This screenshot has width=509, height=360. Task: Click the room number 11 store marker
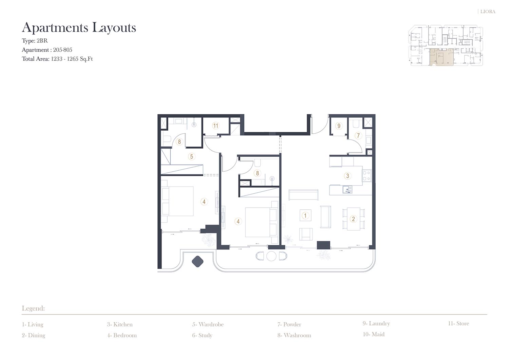click(x=215, y=126)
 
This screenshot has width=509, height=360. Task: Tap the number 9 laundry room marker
click(x=339, y=126)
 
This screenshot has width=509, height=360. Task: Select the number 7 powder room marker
click(x=358, y=135)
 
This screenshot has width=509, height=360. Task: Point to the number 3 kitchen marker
click(x=347, y=176)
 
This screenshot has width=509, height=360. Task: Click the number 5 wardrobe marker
click(x=192, y=156)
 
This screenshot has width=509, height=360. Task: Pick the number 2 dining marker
click(x=353, y=219)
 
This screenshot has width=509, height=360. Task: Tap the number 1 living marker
click(x=305, y=215)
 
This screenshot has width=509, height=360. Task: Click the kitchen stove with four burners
click(x=366, y=176)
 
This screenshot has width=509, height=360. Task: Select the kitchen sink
click(x=347, y=190)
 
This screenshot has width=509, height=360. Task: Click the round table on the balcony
click(x=271, y=256)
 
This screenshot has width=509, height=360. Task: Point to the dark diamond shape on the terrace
click(x=197, y=261)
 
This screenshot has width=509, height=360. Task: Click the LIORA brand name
click(x=488, y=12)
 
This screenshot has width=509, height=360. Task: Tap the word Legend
click(x=33, y=308)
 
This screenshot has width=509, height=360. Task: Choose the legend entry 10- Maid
click(x=374, y=334)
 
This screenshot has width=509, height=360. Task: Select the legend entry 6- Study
click(x=202, y=336)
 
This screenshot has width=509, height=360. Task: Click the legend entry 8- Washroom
click(x=294, y=335)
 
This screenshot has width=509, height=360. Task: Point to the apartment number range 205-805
click(x=62, y=50)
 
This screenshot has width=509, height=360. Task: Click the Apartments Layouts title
click(x=79, y=27)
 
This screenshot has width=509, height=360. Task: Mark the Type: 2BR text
click(x=35, y=41)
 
